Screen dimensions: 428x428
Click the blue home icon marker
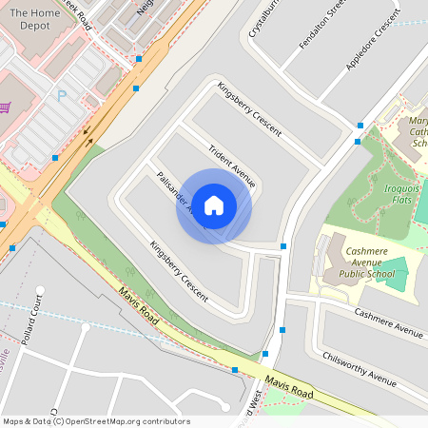(x=214, y=205)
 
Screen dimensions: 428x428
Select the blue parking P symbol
(x=63, y=95)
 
